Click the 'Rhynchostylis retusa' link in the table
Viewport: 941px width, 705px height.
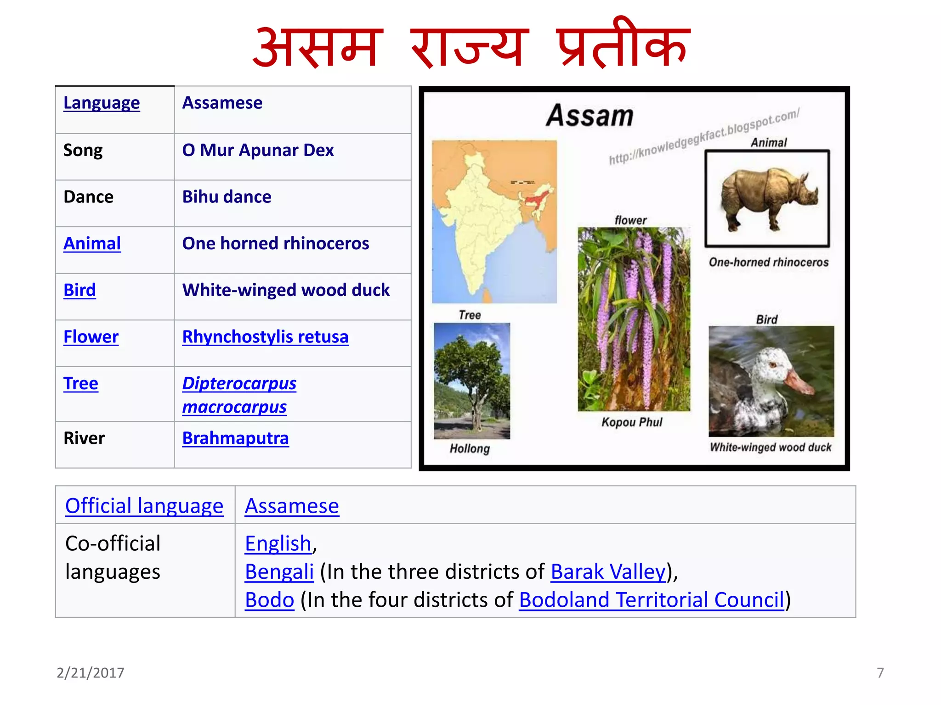tap(265, 337)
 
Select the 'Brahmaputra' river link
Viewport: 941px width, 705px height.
tap(235, 438)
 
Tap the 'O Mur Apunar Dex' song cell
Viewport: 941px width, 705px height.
tap(258, 151)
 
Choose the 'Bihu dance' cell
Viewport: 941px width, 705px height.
tap(227, 197)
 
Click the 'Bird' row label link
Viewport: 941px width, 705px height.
tap(79, 290)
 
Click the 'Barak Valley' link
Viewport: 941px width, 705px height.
tap(608, 572)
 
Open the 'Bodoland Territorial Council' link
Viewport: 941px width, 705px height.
tap(652, 600)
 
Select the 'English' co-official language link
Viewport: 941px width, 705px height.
tap(278, 544)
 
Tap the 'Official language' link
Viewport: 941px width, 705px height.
tap(144, 506)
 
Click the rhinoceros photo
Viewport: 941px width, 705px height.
tap(767, 198)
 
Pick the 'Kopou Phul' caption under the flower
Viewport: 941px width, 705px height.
tap(632, 422)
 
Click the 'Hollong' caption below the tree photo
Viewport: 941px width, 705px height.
tap(470, 448)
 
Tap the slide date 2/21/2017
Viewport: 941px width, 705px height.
tap(91, 673)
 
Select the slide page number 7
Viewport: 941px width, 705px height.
tap(880, 673)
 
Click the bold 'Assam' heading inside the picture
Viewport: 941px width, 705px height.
tap(590, 116)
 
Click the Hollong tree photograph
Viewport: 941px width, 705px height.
tap(472, 380)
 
